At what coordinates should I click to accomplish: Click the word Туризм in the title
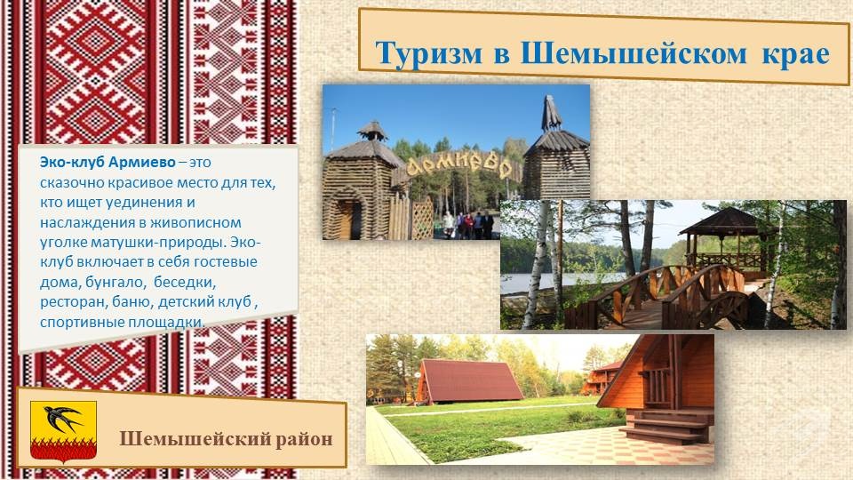tap(428, 54)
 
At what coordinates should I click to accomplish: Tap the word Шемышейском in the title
tap(634, 52)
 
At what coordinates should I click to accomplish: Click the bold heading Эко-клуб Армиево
tap(108, 162)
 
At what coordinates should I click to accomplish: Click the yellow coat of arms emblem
tap(63, 432)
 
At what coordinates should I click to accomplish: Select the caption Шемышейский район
tap(226, 438)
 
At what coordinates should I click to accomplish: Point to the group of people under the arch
tap(468, 225)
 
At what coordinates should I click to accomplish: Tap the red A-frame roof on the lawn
tap(469, 380)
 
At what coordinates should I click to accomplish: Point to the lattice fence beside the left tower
tap(421, 219)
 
